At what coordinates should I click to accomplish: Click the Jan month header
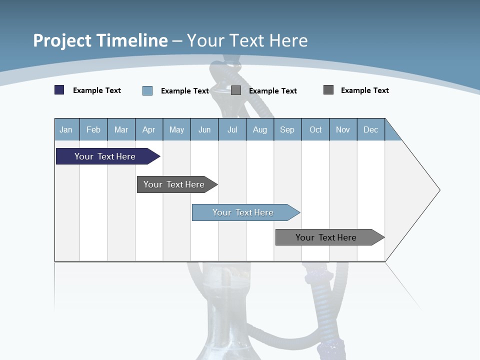point(66,129)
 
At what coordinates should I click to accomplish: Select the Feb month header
point(93,129)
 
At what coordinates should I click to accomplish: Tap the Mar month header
point(121,129)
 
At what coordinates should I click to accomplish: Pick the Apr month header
point(149,129)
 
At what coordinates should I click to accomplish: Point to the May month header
point(176,129)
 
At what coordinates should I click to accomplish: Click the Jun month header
point(204,129)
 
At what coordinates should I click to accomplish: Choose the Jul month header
point(232,129)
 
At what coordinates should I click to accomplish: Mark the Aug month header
point(260,129)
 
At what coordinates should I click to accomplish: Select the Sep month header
point(287,129)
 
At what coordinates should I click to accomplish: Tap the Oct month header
point(315,129)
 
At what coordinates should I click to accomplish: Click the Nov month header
point(343,129)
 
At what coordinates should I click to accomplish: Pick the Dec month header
point(371,129)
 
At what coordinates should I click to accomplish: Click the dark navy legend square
point(59,90)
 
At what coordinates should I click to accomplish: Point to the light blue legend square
point(147,90)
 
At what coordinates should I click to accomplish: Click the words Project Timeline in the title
point(100,40)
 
